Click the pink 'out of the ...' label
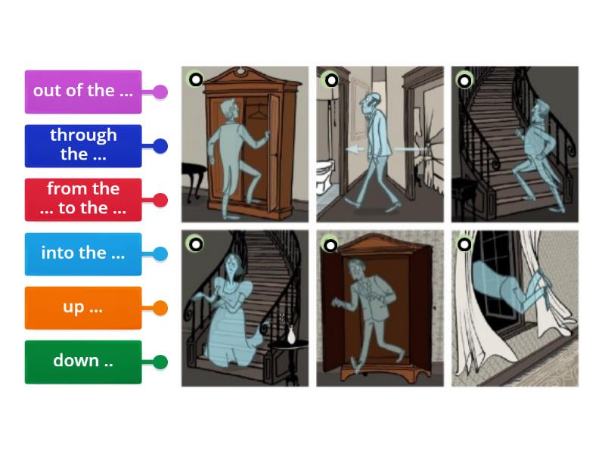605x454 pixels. pos(83,92)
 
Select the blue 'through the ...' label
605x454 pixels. pos(83,145)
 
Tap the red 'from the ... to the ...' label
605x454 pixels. pos(83,200)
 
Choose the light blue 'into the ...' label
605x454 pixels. pos(83,253)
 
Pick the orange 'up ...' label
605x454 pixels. pos(83,308)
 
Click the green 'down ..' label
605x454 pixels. pos(83,362)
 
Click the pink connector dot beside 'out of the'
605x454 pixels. pos(160,92)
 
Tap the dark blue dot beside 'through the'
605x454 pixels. pos(160,146)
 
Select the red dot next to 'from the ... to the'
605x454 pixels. pos(160,201)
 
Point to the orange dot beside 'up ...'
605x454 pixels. pos(160,308)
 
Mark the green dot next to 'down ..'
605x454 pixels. pos(160,362)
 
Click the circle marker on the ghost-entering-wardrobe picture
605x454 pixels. pos(195,79)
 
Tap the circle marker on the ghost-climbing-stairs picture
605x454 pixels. pos(464,80)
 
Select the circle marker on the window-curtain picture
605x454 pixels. pos(464,244)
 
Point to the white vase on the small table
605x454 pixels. pos(291,333)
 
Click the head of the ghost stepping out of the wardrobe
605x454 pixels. pos(355,269)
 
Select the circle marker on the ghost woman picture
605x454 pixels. pos(195,244)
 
